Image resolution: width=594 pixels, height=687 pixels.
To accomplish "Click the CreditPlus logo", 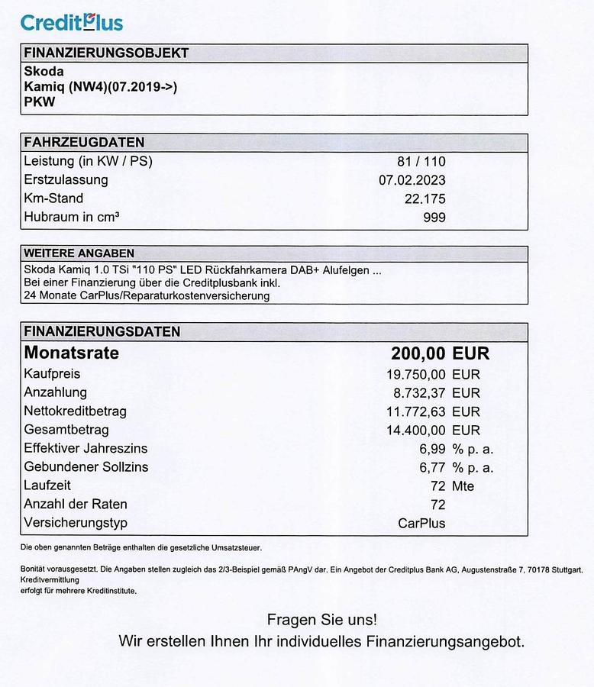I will click(x=71, y=22).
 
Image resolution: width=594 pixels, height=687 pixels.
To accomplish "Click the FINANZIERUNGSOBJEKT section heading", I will click(x=106, y=53).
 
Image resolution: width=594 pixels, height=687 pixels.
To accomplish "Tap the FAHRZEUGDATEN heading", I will click(x=84, y=143).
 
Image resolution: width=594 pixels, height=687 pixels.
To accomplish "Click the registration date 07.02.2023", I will click(x=412, y=180).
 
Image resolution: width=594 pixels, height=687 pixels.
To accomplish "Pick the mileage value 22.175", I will click(x=425, y=198).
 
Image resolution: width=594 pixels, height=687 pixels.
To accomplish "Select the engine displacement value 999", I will click(x=434, y=218).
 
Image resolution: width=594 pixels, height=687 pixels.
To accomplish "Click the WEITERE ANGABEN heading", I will click(x=79, y=253).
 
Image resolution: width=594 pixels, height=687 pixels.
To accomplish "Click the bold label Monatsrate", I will click(x=72, y=353).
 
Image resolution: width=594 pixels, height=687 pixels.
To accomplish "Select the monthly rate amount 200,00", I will click(x=418, y=353).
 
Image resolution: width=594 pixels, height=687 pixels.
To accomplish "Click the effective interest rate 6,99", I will click(x=431, y=449).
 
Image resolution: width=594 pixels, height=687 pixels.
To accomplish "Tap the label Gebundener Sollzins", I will click(x=86, y=467).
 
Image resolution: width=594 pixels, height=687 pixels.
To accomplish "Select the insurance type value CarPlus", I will click(x=421, y=523).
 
